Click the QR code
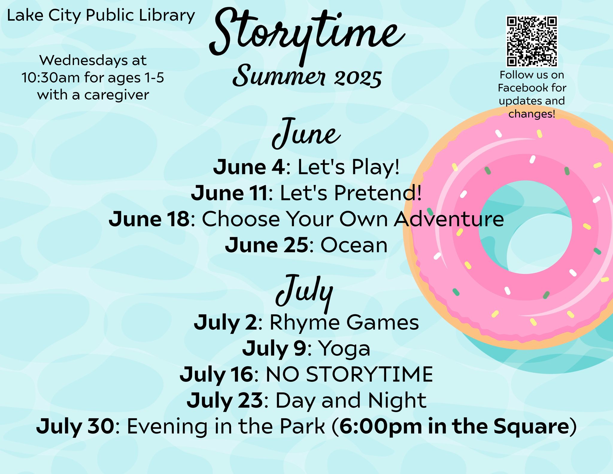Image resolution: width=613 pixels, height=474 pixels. click(x=532, y=41)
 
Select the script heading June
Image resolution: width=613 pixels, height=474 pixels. click(x=306, y=133)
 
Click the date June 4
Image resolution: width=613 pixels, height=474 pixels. click(x=249, y=167)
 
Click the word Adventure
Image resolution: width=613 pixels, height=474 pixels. click(x=449, y=219)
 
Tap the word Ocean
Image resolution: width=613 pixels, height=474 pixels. click(x=354, y=245)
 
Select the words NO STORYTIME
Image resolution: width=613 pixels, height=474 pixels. click(x=349, y=374)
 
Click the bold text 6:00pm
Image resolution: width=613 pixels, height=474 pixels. click(x=381, y=426)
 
